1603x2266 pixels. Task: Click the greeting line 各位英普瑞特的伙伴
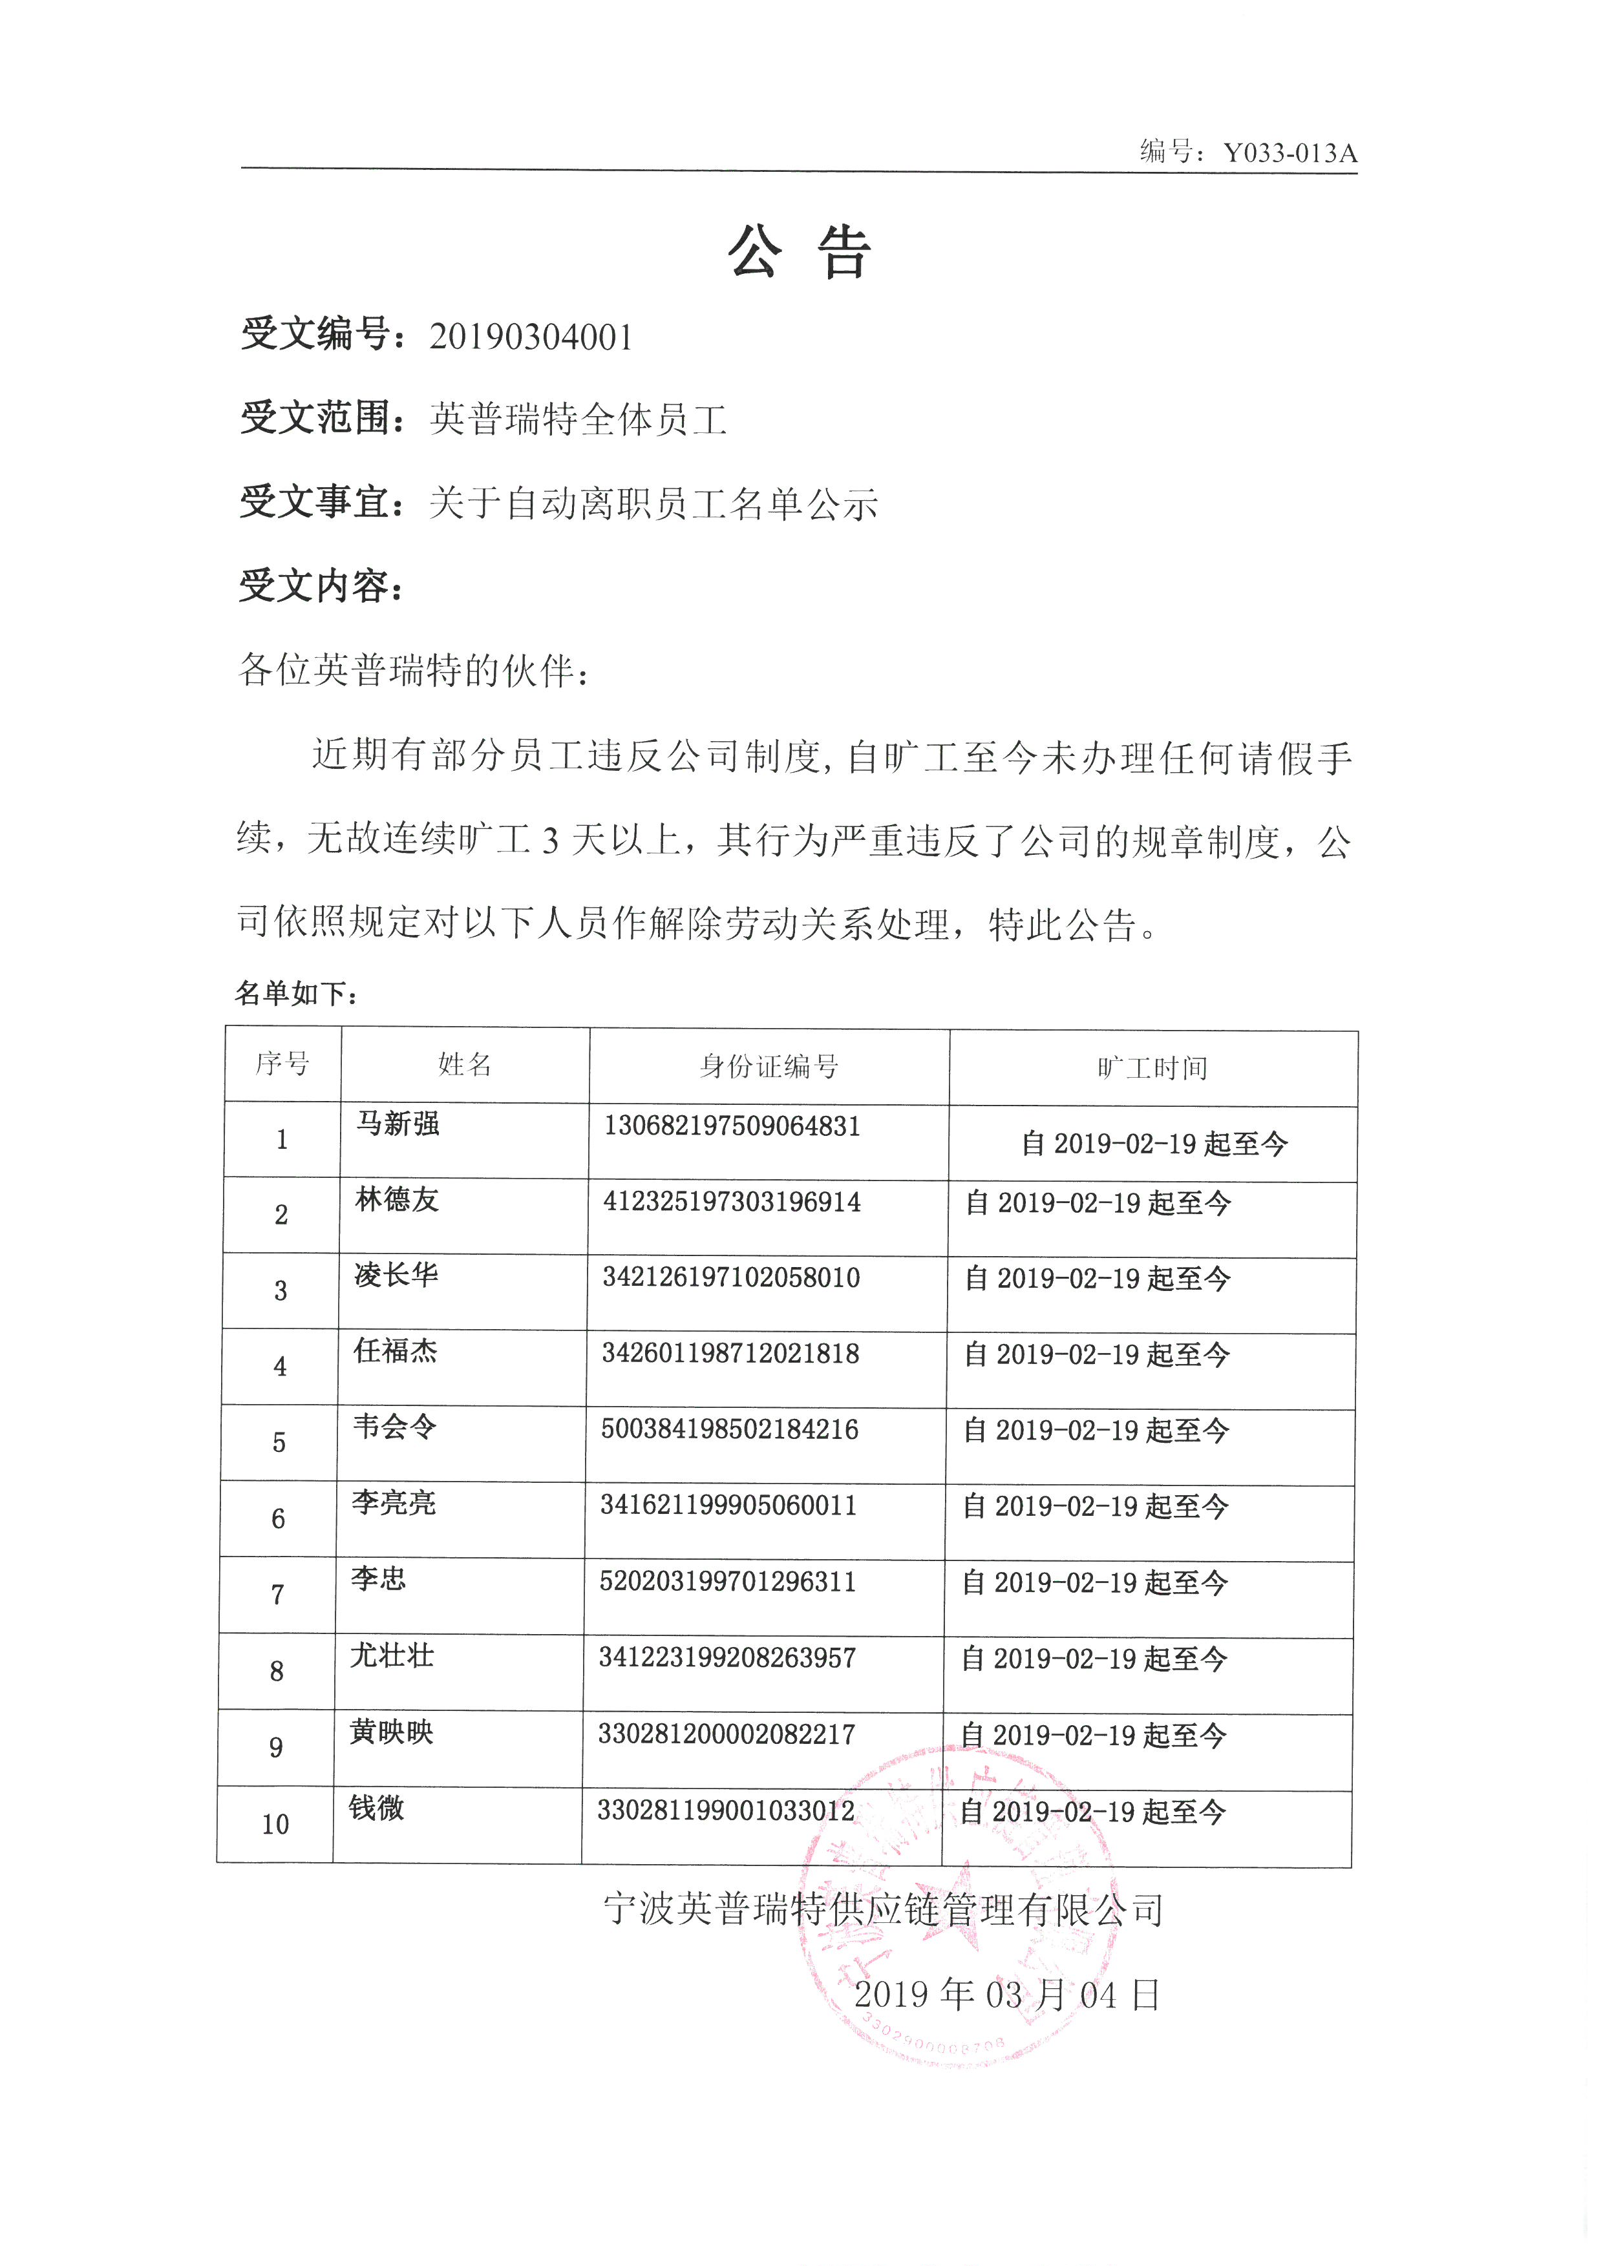[414, 671]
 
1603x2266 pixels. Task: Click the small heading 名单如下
[295, 994]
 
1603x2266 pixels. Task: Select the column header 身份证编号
[769, 1067]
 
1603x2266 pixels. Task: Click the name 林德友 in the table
[397, 1200]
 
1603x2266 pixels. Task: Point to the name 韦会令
[395, 1427]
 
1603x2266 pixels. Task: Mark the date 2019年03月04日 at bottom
[1007, 1995]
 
